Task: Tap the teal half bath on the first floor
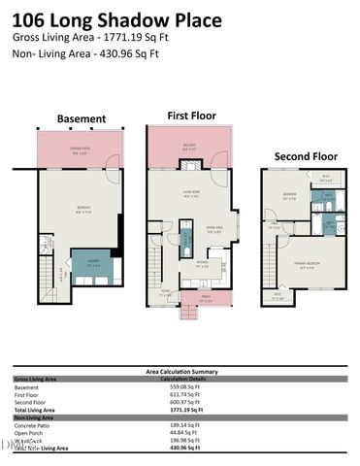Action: (184, 238)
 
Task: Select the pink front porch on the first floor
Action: (205, 299)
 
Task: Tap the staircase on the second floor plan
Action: (275, 267)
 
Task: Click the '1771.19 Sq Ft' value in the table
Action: (189, 412)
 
